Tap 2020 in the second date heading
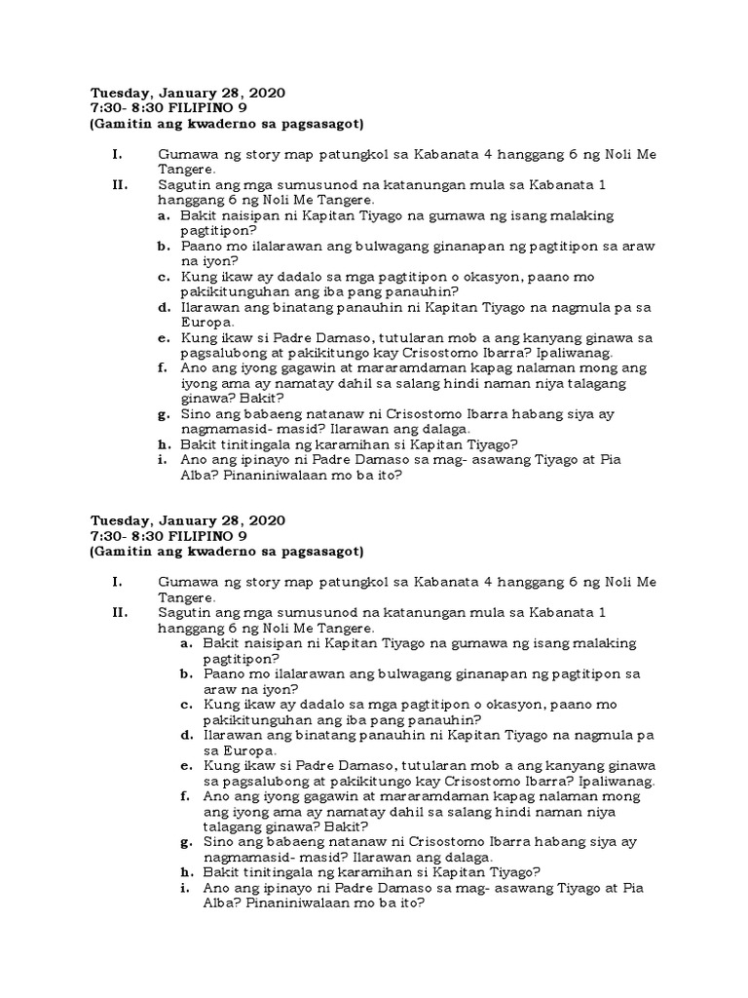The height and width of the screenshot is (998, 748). coord(266,520)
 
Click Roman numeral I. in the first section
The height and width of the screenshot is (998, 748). coord(116,154)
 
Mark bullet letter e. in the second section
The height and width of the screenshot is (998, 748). coord(185,766)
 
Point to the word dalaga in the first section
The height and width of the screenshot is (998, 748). coord(417,430)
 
